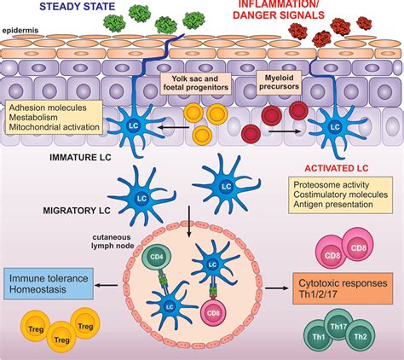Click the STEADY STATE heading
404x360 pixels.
pyautogui.click(x=78, y=6)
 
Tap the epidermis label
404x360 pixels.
pyautogui.click(x=20, y=31)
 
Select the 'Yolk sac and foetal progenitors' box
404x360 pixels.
pyautogui.click(x=195, y=83)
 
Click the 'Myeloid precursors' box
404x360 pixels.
pyautogui.click(x=279, y=82)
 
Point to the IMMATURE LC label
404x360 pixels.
pyautogui.click(x=80, y=158)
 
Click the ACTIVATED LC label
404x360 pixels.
pyautogui.click(x=337, y=168)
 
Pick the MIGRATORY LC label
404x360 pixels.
pyautogui.click(x=77, y=211)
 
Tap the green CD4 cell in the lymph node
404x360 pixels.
pyautogui.click(x=157, y=258)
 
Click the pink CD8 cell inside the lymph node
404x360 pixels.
pyautogui.click(x=213, y=314)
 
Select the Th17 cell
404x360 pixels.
pyautogui.click(x=338, y=326)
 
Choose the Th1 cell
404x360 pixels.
pyautogui.click(x=319, y=337)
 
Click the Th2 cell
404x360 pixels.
pyautogui.click(x=361, y=337)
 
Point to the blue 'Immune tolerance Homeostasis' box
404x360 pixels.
pyautogui.click(x=49, y=284)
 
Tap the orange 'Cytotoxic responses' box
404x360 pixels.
pyautogui.click(x=343, y=288)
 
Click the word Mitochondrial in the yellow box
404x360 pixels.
pyautogui.click(x=32, y=127)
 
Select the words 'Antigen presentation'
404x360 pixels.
pyautogui.click(x=333, y=204)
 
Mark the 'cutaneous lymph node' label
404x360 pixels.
pyautogui.click(x=113, y=241)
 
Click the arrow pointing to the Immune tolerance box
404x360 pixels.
pyautogui.click(x=106, y=285)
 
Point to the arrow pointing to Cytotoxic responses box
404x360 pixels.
pyautogui.click(x=277, y=288)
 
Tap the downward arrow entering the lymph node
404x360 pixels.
pyautogui.click(x=188, y=221)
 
